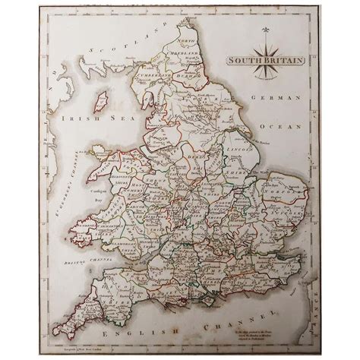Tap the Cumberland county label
(x=151, y=97)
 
